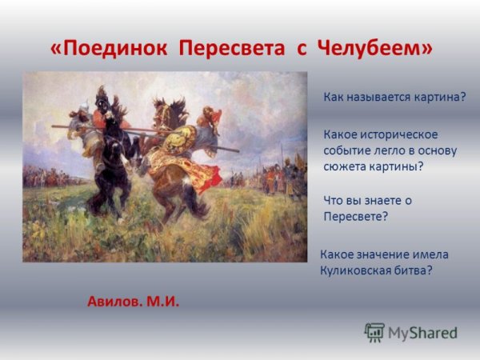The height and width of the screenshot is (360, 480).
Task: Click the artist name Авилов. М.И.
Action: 133,302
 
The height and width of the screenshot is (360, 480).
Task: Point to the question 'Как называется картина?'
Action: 394,97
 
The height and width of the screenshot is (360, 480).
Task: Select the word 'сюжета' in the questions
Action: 344,166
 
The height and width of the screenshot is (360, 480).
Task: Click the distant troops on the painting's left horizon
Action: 44,174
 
